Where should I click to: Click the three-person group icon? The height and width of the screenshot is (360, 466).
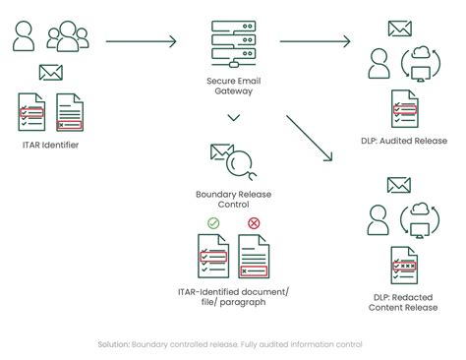(66, 37)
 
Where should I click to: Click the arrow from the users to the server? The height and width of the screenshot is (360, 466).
(141, 41)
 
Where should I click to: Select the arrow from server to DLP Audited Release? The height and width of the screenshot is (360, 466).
(315, 41)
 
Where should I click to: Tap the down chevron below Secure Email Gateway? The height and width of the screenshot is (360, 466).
(233, 118)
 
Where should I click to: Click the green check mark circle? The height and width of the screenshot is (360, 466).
(213, 222)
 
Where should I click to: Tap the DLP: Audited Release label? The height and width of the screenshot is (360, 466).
(404, 141)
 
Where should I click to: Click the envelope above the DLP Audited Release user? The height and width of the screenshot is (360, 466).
(399, 29)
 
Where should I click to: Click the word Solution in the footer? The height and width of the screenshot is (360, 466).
(113, 344)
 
